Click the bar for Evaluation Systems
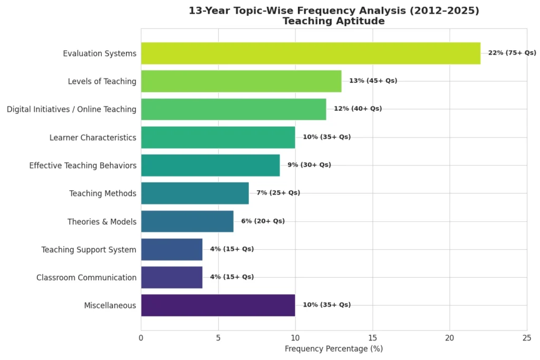pyautogui.click(x=311, y=53)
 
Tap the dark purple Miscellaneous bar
pyautogui.click(x=218, y=305)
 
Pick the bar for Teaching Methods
pyautogui.click(x=195, y=193)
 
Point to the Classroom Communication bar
pyautogui.click(x=171, y=277)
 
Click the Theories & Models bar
pyautogui.click(x=187, y=221)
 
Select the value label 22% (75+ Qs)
pyautogui.click(x=512, y=53)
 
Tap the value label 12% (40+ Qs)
pyautogui.click(x=358, y=109)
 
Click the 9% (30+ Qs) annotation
pyautogui.click(x=309, y=165)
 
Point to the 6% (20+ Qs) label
pyautogui.click(x=263, y=221)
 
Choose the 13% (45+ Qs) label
pyautogui.click(x=373, y=81)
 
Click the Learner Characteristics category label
pyautogui.click(x=93, y=138)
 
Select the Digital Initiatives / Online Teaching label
pyautogui.click(x=71, y=109)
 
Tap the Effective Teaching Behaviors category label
pyautogui.click(x=83, y=166)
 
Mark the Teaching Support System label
pyautogui.click(x=89, y=249)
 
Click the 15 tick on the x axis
pyautogui.click(x=372, y=338)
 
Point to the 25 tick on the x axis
pyautogui.click(x=526, y=338)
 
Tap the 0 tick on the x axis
pyautogui.click(x=141, y=338)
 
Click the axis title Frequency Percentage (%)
pyautogui.click(x=333, y=349)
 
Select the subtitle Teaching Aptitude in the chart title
pyautogui.click(x=333, y=21)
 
